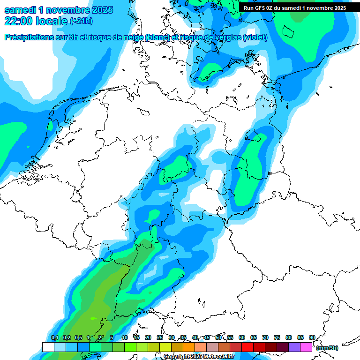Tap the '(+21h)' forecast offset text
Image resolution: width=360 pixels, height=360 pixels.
click(x=81, y=21)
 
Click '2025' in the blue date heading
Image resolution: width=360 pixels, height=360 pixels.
click(x=99, y=10)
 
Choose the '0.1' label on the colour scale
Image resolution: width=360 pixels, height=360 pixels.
click(x=55, y=337)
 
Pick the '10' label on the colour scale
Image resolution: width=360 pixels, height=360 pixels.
click(x=125, y=337)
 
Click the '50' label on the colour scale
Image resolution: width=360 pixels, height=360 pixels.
click(x=218, y=337)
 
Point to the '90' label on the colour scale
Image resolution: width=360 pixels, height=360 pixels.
click(x=312, y=337)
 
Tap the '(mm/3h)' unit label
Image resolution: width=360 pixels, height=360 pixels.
click(x=327, y=348)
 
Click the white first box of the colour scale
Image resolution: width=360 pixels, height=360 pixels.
click(x=48, y=347)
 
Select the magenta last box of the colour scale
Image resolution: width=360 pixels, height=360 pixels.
click(x=306, y=347)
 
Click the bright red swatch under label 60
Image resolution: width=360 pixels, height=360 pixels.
click(x=247, y=347)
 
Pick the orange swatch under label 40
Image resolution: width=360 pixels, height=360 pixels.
click(x=189, y=347)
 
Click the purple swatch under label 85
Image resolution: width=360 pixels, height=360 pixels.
click(x=294, y=347)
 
